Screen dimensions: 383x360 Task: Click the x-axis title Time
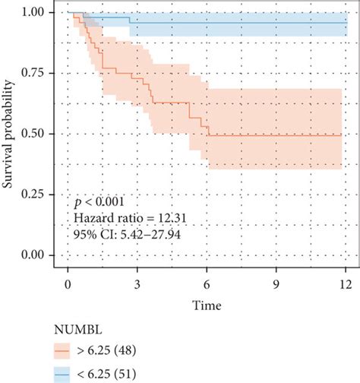click(x=207, y=305)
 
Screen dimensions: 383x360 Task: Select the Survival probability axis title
click(x=10, y=133)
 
